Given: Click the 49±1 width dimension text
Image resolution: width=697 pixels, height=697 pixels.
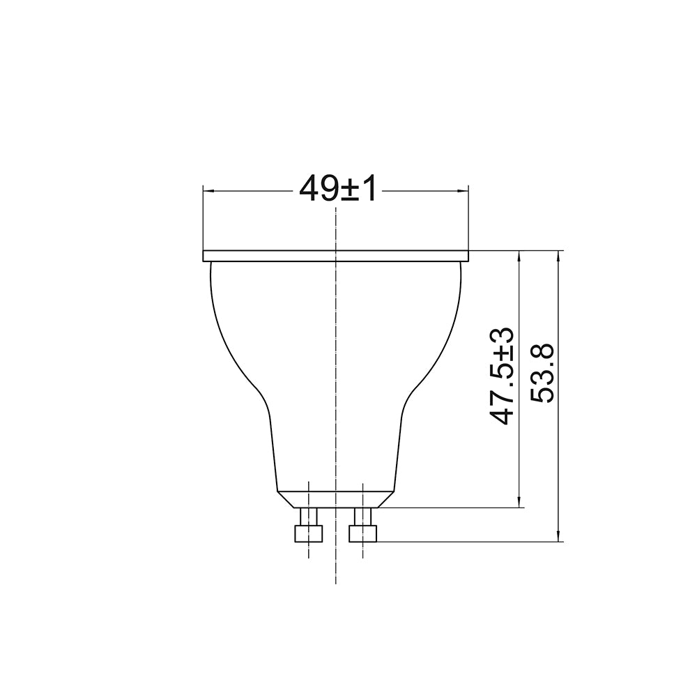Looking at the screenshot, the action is click(338, 188).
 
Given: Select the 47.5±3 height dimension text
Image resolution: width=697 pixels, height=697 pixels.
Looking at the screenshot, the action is click(501, 376).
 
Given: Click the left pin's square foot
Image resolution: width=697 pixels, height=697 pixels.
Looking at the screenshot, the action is click(309, 533).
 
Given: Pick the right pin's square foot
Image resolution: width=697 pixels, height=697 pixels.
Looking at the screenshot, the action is click(363, 533).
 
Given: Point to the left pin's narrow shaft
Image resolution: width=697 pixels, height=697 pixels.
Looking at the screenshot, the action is click(309, 516).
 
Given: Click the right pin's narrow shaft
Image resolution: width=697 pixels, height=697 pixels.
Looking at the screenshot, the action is click(363, 516).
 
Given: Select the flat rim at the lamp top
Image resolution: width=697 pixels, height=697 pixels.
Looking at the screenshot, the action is click(336, 256).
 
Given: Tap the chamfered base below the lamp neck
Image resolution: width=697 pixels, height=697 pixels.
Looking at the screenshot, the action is click(336, 500).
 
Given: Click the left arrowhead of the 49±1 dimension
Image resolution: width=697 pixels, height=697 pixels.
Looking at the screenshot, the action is click(209, 191).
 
